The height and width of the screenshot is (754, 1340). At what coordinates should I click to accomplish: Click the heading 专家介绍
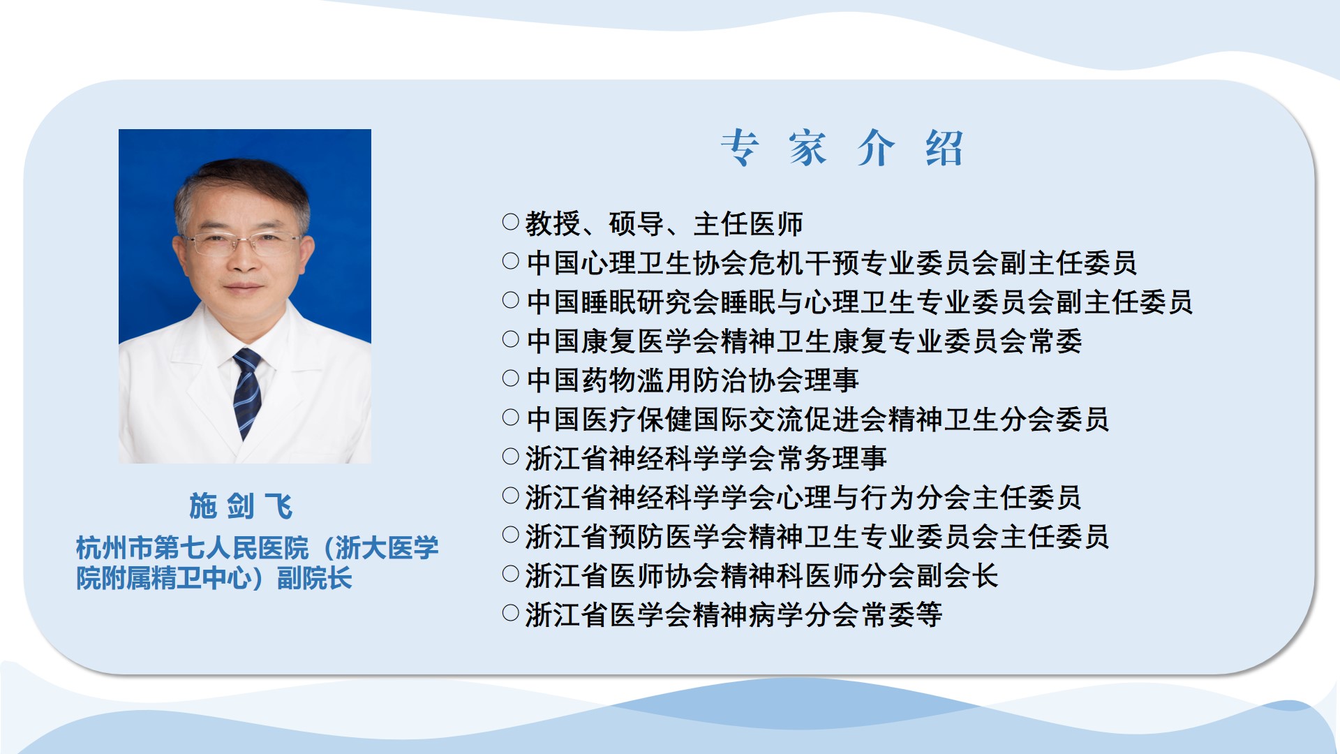pos(842,148)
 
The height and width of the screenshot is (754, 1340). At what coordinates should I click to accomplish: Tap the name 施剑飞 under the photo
pos(241,506)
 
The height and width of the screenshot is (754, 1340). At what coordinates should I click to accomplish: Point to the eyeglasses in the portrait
pos(244,243)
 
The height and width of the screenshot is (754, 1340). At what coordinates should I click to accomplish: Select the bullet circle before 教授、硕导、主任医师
pos(511,222)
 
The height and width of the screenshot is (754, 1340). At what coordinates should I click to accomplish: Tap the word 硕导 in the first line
pos(636,224)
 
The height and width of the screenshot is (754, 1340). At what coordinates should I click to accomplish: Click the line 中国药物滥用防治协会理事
pos(692,380)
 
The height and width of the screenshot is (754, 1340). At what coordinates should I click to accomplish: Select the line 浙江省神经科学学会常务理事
pos(706,459)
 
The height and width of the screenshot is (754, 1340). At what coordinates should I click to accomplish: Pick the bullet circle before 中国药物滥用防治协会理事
pos(511,378)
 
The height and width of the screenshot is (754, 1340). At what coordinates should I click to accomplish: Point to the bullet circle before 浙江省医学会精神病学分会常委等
pos(511,613)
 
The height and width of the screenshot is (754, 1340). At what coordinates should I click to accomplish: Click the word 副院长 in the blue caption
pos(315,578)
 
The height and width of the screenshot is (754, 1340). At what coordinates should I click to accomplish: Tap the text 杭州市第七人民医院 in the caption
pos(192,548)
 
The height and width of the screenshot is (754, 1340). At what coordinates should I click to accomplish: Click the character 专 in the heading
pos(740,148)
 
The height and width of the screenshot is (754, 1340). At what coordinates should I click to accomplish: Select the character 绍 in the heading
pos(944,148)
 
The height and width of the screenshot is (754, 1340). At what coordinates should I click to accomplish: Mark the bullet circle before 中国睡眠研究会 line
pos(511,300)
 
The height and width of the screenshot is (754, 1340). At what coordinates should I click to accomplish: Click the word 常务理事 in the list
pos(831,459)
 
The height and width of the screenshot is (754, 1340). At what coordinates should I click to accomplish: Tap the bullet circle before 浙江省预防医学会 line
pos(511,535)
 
